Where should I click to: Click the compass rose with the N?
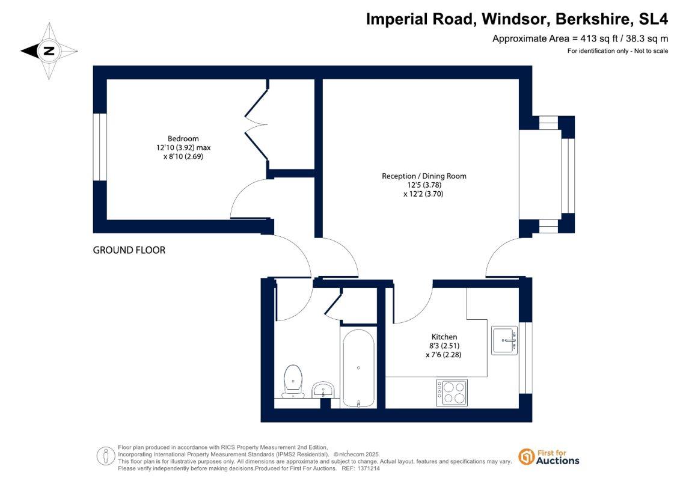(x=49, y=51)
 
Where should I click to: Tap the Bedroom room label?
(x=183, y=138)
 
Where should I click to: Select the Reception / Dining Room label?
(x=424, y=176)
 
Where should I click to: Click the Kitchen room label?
(x=444, y=337)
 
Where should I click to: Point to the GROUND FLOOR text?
(x=129, y=250)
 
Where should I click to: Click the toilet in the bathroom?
(x=293, y=380)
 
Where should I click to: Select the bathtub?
(x=358, y=367)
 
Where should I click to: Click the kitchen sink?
(x=504, y=340)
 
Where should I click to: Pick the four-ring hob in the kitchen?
(x=452, y=392)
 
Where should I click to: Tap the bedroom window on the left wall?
(x=100, y=147)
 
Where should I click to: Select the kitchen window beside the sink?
(x=526, y=358)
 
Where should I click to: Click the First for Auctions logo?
(x=548, y=456)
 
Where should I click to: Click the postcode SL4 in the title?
(x=653, y=19)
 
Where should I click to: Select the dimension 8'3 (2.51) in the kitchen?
(x=444, y=346)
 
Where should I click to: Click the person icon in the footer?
(x=106, y=456)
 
